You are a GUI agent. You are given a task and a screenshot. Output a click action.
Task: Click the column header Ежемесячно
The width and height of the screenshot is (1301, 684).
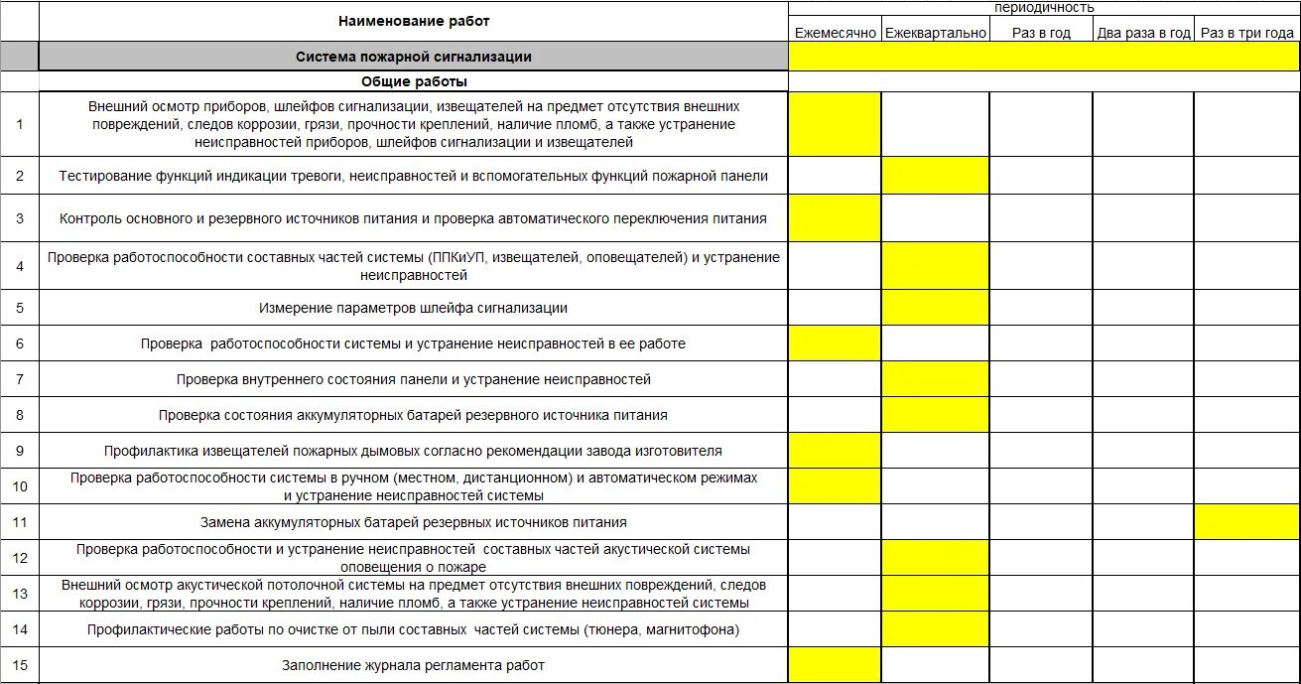(x=835, y=33)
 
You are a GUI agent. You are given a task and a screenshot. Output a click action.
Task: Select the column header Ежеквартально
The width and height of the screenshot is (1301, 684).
(x=936, y=33)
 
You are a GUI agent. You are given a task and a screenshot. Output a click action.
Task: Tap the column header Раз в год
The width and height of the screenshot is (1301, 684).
(x=1041, y=33)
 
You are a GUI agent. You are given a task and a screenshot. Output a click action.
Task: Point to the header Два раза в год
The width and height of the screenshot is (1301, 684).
(x=1143, y=33)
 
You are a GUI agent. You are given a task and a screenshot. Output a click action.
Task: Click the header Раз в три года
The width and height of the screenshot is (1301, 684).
(x=1246, y=33)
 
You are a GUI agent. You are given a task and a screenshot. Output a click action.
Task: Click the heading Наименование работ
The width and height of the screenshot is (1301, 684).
(x=414, y=21)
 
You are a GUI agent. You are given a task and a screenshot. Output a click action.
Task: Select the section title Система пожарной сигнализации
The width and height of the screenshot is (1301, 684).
(x=414, y=57)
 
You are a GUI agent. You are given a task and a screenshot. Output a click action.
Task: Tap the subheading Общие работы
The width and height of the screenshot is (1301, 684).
(x=414, y=81)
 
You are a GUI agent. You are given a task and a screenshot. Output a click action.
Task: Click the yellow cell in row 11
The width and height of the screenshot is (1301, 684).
(x=1246, y=521)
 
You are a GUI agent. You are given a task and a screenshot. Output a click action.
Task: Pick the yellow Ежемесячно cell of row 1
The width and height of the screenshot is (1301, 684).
(x=835, y=124)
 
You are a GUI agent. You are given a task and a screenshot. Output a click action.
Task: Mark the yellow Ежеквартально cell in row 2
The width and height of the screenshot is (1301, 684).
(x=936, y=176)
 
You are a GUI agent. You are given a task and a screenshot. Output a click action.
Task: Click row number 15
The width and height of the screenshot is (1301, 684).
(x=20, y=665)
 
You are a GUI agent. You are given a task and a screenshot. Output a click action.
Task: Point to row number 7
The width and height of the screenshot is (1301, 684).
(x=20, y=379)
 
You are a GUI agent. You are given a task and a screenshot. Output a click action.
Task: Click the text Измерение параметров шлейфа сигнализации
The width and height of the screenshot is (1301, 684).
(x=414, y=308)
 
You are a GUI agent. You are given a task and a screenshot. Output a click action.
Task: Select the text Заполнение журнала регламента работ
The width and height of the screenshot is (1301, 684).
(x=414, y=665)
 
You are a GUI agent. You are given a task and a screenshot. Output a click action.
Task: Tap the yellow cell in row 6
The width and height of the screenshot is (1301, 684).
(x=835, y=343)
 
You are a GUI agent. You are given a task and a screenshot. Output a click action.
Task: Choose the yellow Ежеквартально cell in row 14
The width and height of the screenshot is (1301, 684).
(x=936, y=629)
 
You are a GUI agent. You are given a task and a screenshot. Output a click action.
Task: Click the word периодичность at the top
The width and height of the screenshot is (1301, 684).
(x=1044, y=7)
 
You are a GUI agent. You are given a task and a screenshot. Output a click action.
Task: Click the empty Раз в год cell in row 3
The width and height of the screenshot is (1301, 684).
(x=1041, y=218)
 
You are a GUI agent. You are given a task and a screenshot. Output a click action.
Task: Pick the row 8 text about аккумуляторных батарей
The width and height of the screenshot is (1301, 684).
(x=414, y=415)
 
